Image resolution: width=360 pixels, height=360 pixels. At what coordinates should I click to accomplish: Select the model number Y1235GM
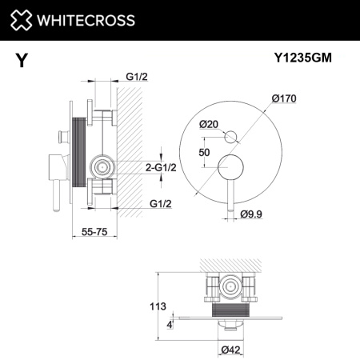tap(306, 58)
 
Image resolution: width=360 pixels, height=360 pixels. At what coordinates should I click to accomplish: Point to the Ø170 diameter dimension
tap(283, 98)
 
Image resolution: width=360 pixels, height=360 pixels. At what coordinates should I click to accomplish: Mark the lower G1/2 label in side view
tap(159, 205)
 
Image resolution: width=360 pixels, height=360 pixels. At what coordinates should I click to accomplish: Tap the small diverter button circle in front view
tap(230, 136)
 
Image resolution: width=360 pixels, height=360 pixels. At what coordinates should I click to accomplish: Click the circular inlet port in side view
tap(101, 167)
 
